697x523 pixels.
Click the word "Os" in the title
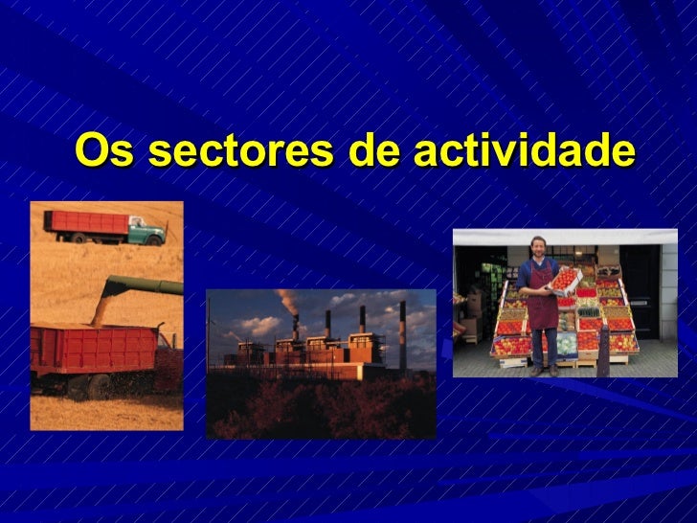tap(104, 150)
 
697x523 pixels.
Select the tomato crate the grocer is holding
tap(565, 279)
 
